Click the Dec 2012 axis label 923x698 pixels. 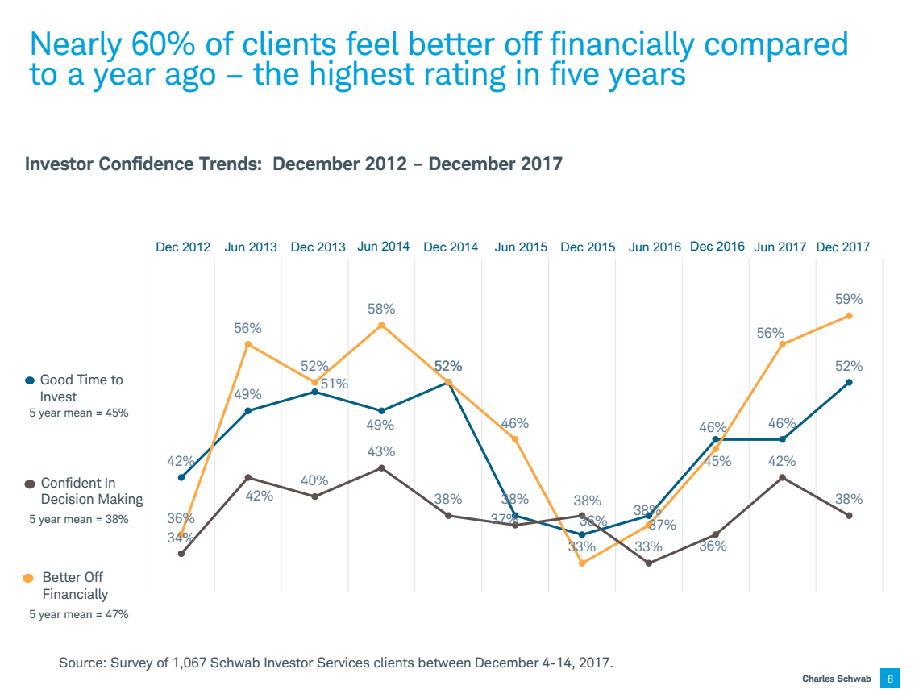tap(183, 247)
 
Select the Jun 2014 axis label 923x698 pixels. tap(383, 247)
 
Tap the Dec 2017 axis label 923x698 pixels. tap(842, 247)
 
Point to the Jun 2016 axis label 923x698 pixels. tap(655, 247)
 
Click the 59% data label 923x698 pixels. tap(849, 299)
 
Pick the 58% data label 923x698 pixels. tap(381, 309)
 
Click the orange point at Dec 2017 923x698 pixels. tap(849, 316)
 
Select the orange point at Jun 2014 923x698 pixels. tap(381, 326)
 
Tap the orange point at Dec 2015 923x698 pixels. tap(581, 563)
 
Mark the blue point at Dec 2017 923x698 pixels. tap(849, 382)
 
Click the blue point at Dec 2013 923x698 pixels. tap(314, 392)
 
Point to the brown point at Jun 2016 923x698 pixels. tap(649, 563)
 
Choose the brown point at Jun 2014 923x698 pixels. tap(381, 467)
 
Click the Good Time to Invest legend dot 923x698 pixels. tap(30, 380)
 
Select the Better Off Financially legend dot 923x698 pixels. tap(29, 578)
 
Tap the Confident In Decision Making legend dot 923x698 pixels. tap(30, 484)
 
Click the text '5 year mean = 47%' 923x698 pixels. tap(79, 614)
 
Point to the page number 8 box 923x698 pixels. tap(890, 679)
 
